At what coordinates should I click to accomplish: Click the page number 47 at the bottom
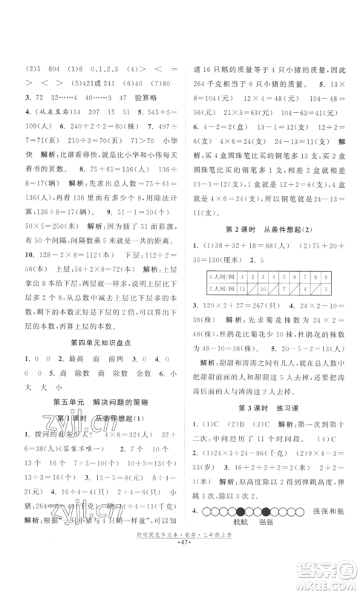(x=180, y=575)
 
